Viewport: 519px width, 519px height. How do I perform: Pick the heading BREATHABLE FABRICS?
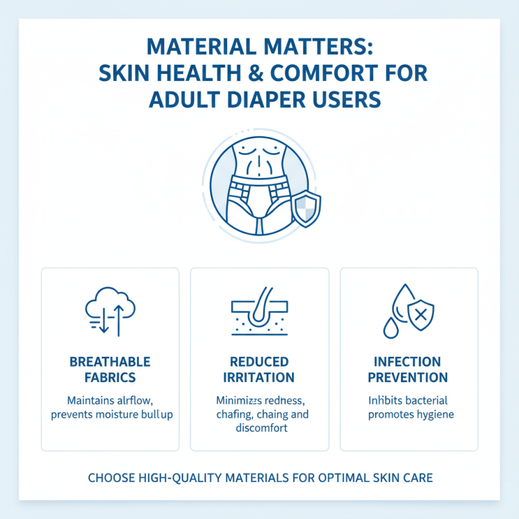(x=110, y=369)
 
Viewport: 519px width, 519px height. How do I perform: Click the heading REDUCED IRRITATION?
(x=259, y=369)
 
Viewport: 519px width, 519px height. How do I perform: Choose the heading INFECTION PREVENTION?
(x=408, y=369)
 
